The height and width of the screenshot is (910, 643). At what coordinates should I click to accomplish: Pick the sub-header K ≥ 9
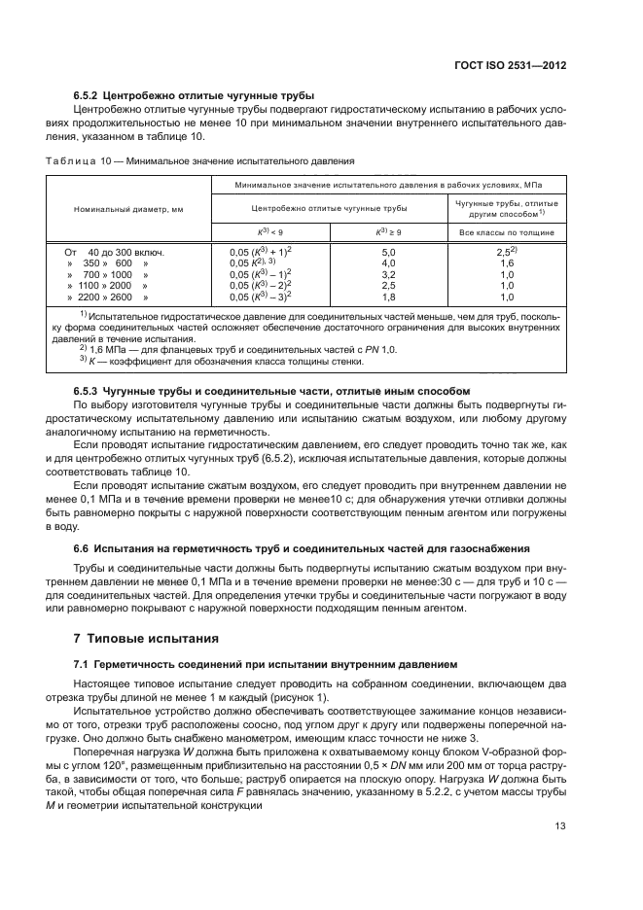point(388,233)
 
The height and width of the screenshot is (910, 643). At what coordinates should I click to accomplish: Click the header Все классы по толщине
point(506,233)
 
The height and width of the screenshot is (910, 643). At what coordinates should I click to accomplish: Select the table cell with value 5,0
point(388,252)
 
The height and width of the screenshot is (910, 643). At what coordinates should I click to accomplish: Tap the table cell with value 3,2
point(388,275)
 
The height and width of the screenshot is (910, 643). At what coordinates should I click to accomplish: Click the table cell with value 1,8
point(388,297)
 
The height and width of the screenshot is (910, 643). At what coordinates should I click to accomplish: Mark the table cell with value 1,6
point(506,263)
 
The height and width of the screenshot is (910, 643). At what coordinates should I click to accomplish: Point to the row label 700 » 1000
point(107,275)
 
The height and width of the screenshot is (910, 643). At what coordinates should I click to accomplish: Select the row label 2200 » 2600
point(107,297)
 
